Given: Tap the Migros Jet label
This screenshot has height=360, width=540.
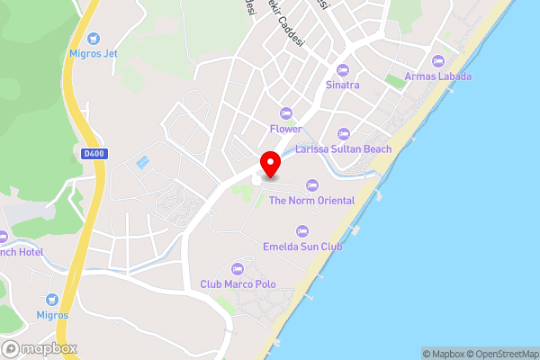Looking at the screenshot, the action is [x=94, y=53].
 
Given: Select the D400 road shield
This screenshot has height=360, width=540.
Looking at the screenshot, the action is [x=93, y=154].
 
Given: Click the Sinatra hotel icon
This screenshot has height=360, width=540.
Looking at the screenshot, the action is [x=342, y=70].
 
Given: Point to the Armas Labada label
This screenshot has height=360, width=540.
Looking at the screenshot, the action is [x=438, y=76].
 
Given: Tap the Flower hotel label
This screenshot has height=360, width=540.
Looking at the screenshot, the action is [x=286, y=129].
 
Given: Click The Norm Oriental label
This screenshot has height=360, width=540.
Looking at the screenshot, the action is [x=311, y=200].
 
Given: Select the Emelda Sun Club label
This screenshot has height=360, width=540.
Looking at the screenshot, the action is [x=302, y=246].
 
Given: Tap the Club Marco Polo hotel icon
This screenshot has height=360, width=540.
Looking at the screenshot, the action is [x=238, y=269].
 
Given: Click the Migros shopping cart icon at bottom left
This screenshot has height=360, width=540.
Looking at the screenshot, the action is [x=52, y=299].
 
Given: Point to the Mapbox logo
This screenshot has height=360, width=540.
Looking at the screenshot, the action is [x=40, y=348].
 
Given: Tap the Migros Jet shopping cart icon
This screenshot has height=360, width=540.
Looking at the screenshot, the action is [x=94, y=38].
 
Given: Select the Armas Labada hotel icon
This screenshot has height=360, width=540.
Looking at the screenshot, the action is [x=438, y=61].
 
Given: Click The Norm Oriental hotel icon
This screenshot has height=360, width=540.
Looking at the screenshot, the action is [x=312, y=184].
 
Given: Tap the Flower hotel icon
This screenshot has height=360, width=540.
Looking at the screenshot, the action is [x=286, y=113].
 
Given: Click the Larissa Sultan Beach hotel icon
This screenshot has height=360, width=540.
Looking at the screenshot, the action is [x=343, y=133].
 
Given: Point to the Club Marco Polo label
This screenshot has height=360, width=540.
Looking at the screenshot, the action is [x=238, y=284].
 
